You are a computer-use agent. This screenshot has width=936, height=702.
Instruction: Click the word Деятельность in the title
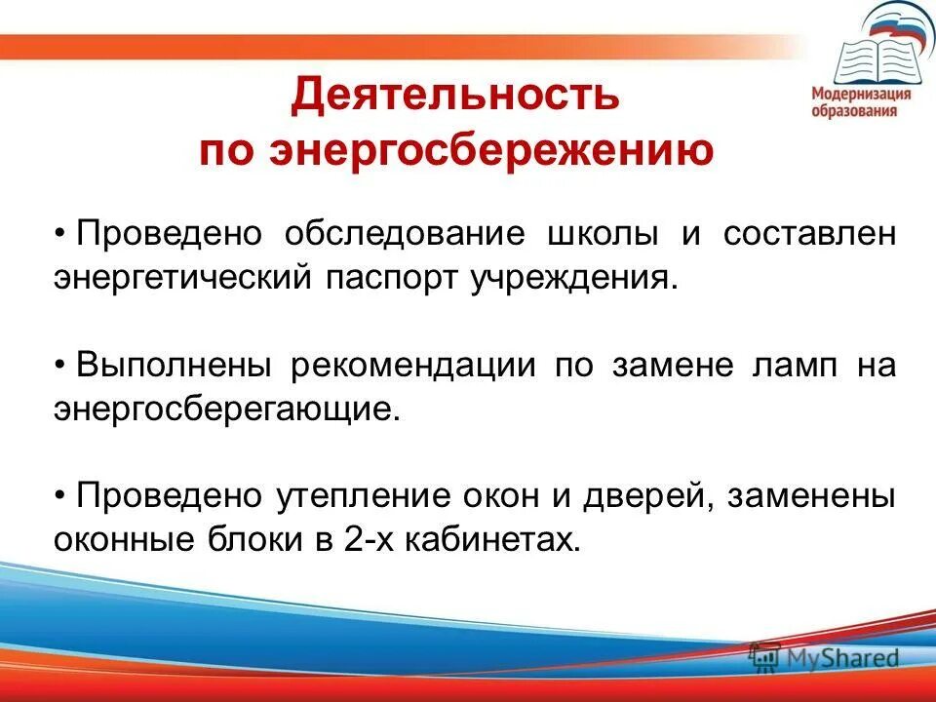point(454,96)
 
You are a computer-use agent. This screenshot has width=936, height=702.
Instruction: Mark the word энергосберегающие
point(227,409)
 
